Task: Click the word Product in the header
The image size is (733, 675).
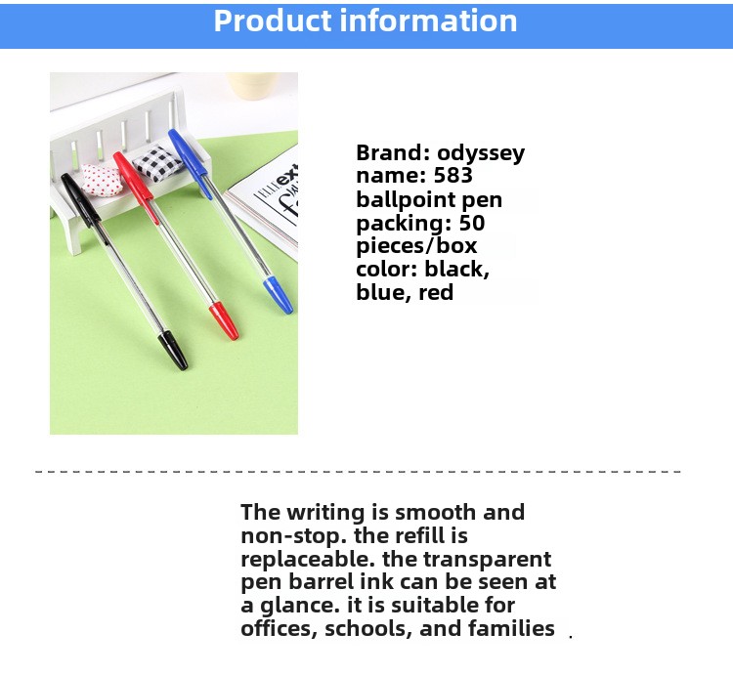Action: (x=273, y=21)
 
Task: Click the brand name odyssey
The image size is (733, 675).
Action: (x=481, y=153)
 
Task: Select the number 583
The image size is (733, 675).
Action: (x=453, y=175)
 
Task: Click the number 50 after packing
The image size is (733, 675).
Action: (x=472, y=223)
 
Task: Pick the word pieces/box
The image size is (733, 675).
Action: (x=416, y=246)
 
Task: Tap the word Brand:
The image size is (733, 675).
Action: (x=393, y=152)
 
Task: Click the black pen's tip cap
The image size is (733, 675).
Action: (x=173, y=350)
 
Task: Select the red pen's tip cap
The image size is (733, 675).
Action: (x=224, y=320)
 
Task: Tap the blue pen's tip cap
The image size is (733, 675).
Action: (x=279, y=295)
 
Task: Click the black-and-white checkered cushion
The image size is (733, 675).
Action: (x=156, y=163)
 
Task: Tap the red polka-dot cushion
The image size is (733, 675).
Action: (x=102, y=180)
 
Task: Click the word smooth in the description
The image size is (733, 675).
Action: (x=435, y=513)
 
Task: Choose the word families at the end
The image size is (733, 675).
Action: (x=511, y=628)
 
